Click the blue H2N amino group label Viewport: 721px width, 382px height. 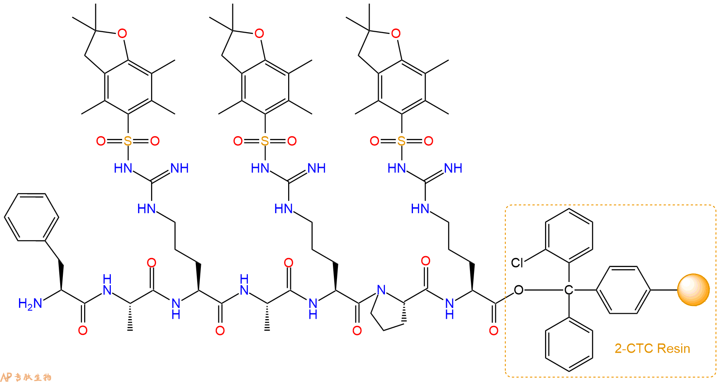30,304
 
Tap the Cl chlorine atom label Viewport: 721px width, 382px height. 517,263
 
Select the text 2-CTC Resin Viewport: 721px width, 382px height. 652,349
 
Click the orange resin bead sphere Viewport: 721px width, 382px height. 693,290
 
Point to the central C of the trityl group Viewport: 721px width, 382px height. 569,290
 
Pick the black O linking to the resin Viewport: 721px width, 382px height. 518,290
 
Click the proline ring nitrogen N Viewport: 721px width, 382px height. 381,290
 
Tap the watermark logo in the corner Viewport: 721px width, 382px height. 26,377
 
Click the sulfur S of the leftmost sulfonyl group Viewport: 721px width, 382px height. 128,141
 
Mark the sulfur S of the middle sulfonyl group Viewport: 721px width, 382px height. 265,141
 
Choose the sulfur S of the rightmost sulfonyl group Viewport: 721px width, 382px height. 401,141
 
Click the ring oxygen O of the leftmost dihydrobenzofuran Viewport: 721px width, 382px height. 122,33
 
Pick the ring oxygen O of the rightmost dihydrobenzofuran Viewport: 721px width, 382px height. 396,33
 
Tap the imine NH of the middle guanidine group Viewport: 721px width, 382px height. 317,168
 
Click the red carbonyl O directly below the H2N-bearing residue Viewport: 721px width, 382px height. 83,330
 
